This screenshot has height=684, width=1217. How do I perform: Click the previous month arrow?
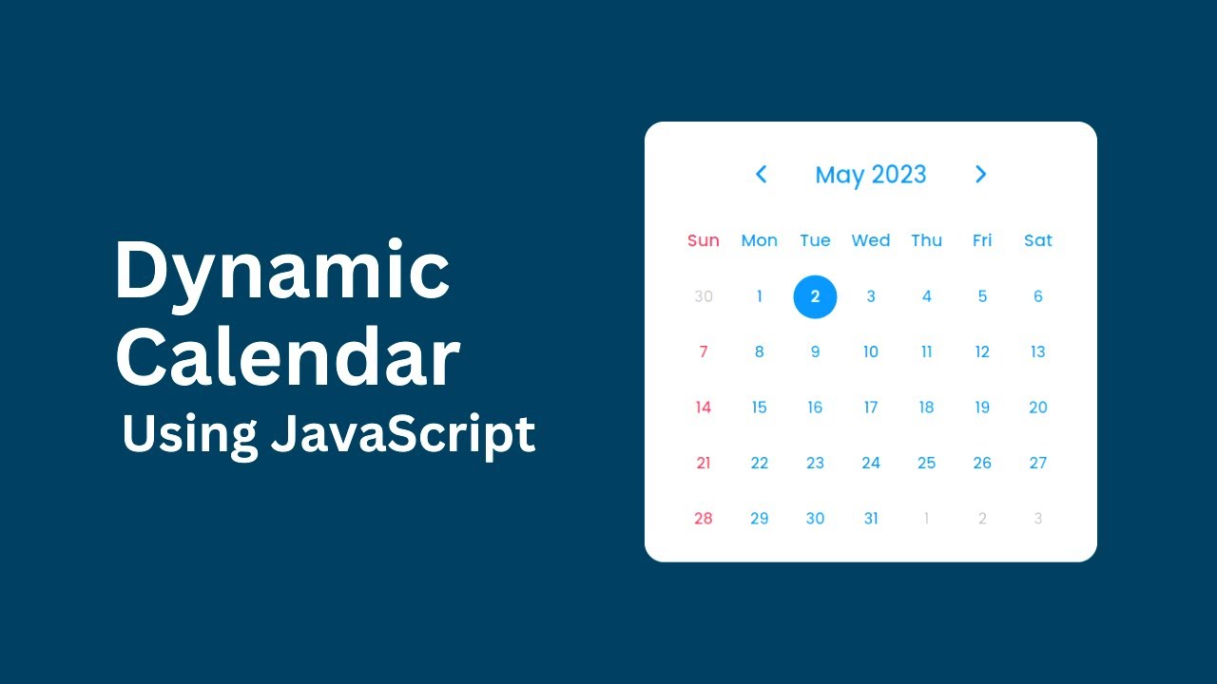tap(761, 174)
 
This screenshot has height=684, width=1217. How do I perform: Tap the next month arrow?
tap(981, 174)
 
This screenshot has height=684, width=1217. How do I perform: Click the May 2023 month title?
tap(871, 175)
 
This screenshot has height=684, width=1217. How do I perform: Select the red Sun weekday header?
tap(704, 240)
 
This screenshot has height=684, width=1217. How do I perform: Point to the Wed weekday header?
tap(871, 240)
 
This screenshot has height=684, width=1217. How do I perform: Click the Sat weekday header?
tap(1038, 240)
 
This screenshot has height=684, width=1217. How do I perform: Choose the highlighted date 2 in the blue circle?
tap(815, 296)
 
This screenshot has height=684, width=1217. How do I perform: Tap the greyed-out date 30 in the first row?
tap(704, 296)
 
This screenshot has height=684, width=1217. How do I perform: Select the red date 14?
tap(704, 408)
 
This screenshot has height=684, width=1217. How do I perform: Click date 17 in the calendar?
tap(871, 408)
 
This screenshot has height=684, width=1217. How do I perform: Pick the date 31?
tap(871, 519)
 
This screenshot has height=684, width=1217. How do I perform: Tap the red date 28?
tap(704, 519)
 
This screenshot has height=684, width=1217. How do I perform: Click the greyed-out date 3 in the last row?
tap(1038, 519)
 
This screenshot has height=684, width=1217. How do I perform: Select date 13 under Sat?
tap(1038, 352)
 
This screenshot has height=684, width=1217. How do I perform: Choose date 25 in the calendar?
tap(927, 464)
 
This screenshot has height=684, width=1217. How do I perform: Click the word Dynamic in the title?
tap(282, 273)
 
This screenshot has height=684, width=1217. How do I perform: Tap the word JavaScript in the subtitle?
tap(403, 434)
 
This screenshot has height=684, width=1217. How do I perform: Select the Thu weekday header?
tap(927, 240)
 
